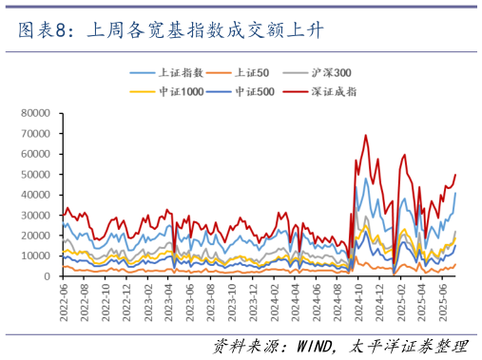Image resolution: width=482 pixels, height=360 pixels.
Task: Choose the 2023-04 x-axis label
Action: [171, 300]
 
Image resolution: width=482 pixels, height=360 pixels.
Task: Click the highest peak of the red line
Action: [366, 135]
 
